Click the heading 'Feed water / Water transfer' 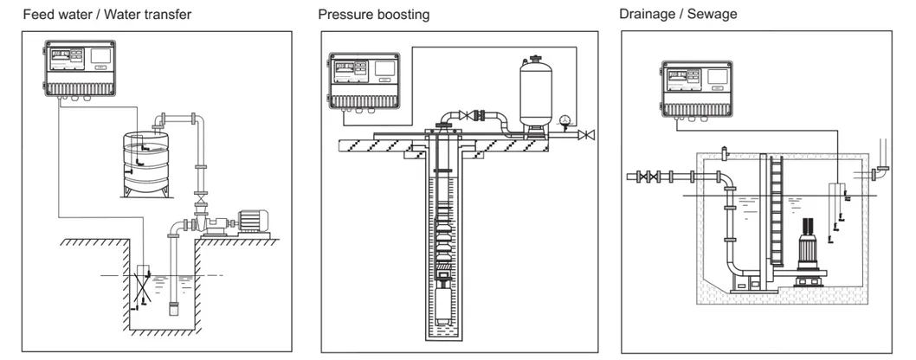tap(107, 15)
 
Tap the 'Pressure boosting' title tap(373, 15)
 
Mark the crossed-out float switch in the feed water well tap(144, 282)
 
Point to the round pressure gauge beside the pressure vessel tap(566, 120)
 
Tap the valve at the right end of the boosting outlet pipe tap(589, 134)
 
